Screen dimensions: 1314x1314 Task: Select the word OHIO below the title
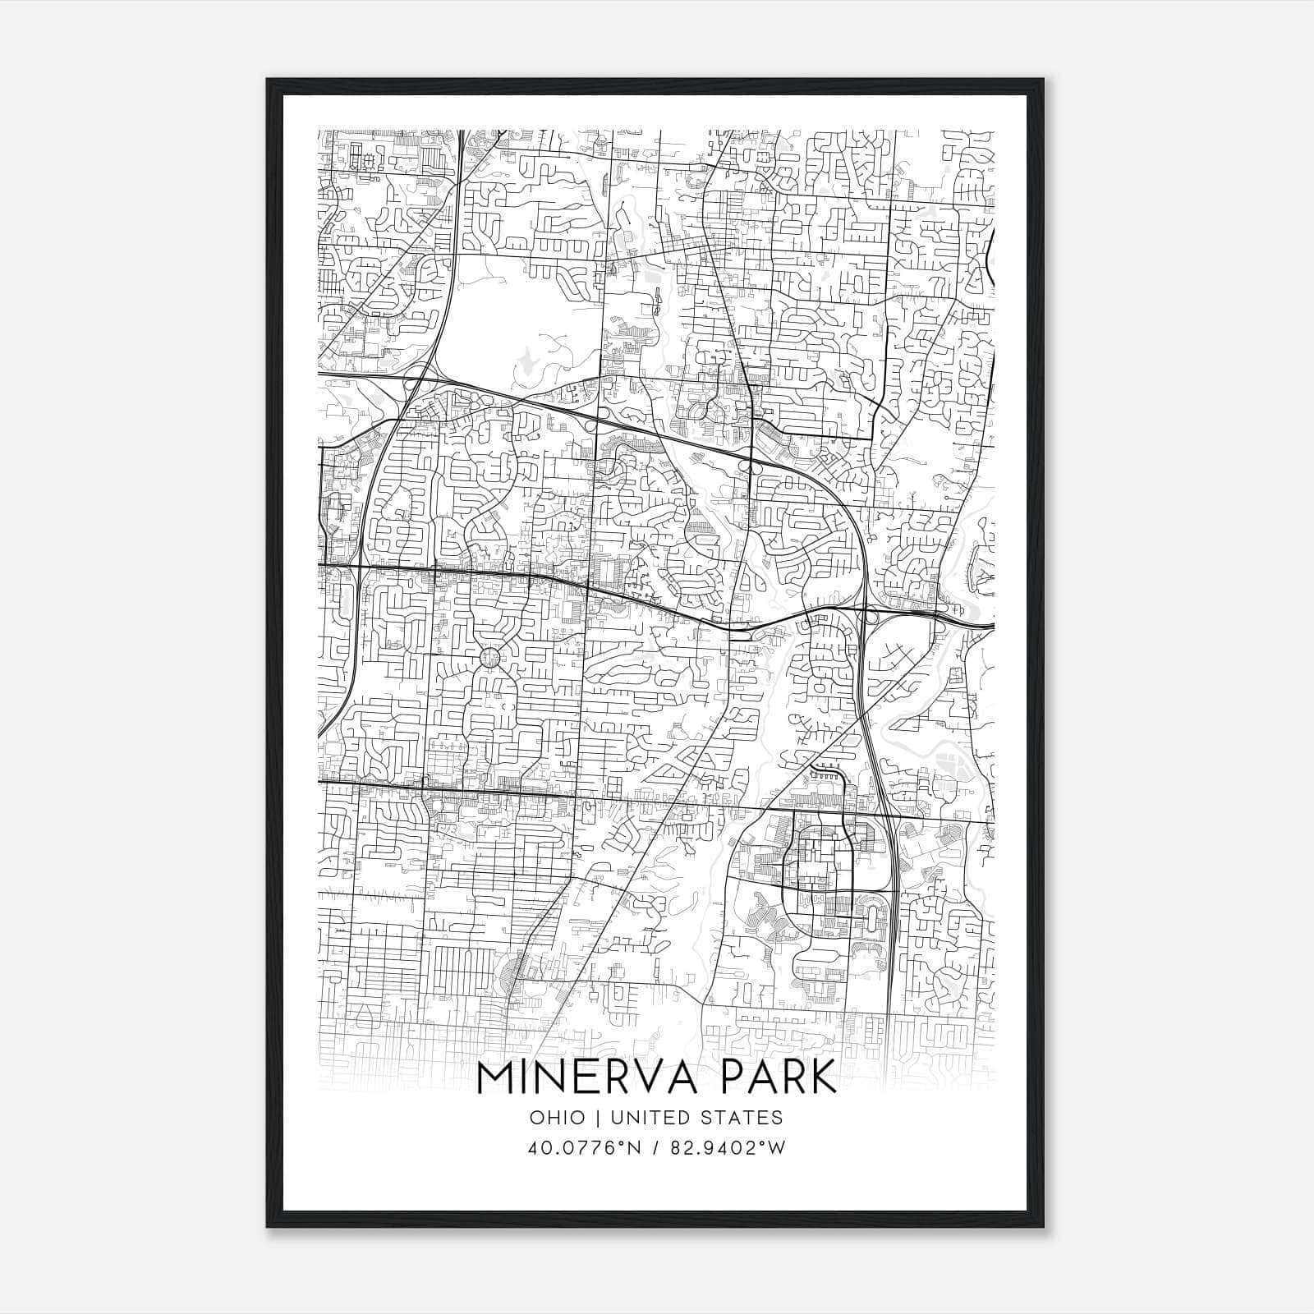tap(558, 1118)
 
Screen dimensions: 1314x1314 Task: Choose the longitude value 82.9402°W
tap(728, 1148)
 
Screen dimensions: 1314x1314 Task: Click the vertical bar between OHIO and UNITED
tap(597, 1118)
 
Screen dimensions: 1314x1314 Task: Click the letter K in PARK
tap(822, 1078)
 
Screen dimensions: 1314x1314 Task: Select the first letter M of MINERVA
tap(495, 1078)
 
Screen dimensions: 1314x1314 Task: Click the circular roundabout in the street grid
tap(489, 657)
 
